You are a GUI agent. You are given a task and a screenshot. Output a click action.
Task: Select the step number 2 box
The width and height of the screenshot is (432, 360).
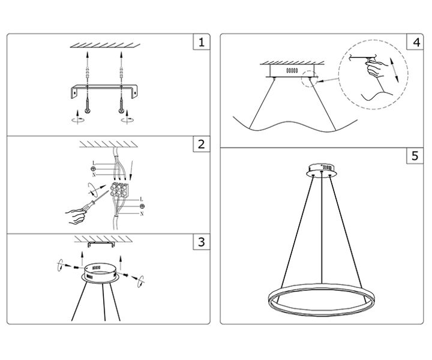pos(202,143)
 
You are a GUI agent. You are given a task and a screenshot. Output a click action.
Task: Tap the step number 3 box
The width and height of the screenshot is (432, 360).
pos(202,242)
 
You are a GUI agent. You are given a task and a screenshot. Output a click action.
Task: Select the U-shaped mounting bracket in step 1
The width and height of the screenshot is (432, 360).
pos(105,91)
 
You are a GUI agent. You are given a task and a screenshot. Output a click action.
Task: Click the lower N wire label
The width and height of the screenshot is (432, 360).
pos(142,214)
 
